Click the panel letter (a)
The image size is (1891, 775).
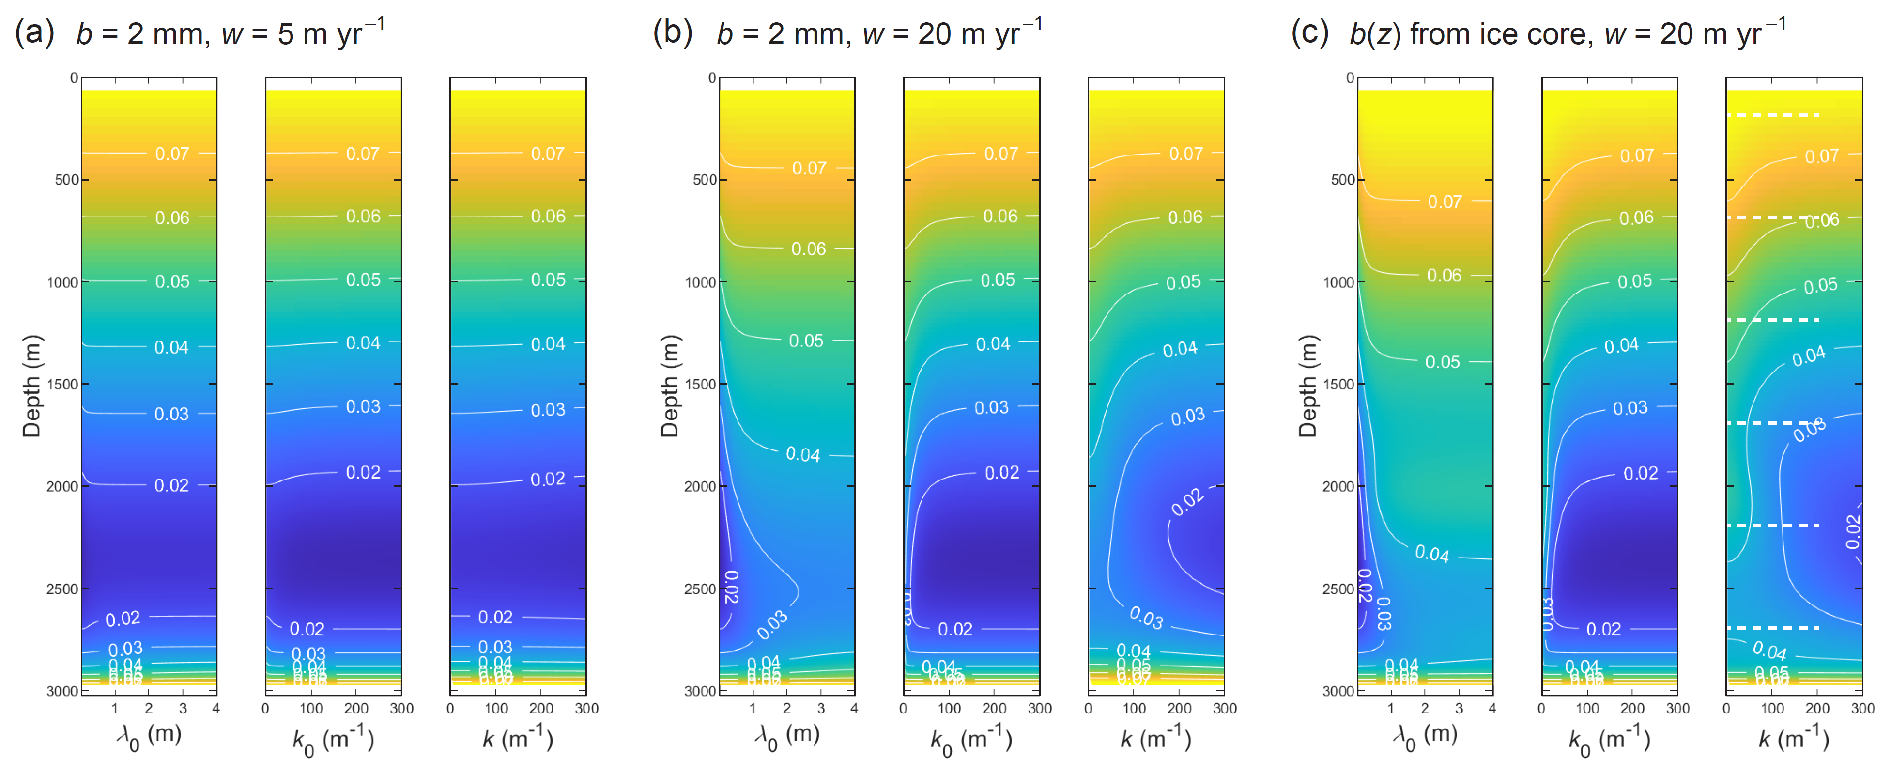pyautogui.click(x=34, y=33)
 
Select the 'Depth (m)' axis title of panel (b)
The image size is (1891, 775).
pyautogui.click(x=670, y=386)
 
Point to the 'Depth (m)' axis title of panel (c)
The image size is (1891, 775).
pyautogui.click(x=1307, y=386)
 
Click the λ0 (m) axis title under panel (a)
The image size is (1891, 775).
pyautogui.click(x=149, y=736)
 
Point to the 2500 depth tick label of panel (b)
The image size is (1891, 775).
pyautogui.click(x=700, y=589)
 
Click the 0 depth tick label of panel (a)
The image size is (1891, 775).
pyautogui.click(x=74, y=78)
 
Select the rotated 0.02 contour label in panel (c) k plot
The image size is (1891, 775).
pyautogui.click(x=1853, y=531)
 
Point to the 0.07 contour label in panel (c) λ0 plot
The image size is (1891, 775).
pyautogui.click(x=1444, y=201)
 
